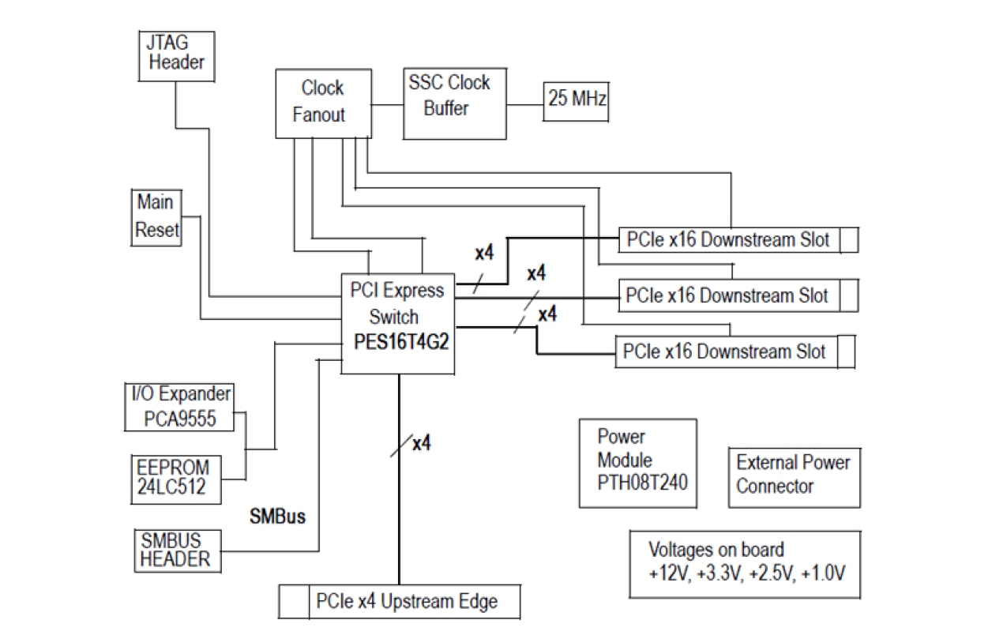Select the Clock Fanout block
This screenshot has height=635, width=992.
(321, 101)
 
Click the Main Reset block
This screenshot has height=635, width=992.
(156, 216)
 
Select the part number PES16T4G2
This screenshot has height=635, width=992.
(400, 344)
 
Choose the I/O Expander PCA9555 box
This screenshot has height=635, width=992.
(180, 406)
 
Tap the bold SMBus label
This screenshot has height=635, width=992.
(278, 517)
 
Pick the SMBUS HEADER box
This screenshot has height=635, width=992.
(177, 550)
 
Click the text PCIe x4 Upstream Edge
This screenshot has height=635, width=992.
(407, 601)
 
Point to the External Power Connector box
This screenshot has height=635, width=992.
(793, 474)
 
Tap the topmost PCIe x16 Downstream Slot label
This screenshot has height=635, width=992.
(727, 239)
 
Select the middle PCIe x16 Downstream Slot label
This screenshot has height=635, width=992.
(727, 295)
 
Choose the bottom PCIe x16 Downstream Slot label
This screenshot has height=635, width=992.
(725, 351)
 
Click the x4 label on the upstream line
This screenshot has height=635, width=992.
(422, 444)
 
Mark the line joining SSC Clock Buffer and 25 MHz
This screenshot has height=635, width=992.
(524, 103)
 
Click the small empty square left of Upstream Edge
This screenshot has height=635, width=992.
(293, 602)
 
